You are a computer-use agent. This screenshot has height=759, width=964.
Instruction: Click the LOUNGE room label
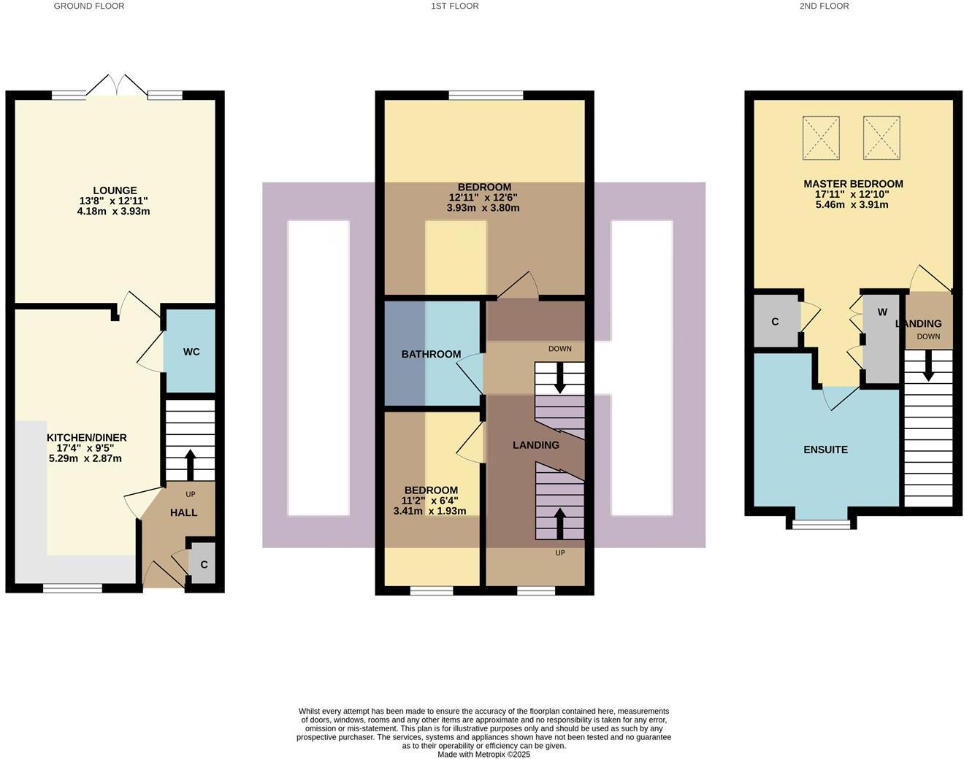coord(115,191)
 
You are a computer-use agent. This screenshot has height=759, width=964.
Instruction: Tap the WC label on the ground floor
coord(191,352)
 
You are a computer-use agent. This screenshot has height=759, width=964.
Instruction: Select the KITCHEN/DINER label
coord(86,438)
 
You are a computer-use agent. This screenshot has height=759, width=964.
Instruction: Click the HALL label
coord(183,513)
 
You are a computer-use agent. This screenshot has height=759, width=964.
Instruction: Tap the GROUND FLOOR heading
coord(89,6)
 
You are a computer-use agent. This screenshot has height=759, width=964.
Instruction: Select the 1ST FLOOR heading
coord(454,6)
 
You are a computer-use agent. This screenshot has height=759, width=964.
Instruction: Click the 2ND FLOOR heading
coord(824,6)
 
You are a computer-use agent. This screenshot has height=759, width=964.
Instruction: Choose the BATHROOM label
coord(431,355)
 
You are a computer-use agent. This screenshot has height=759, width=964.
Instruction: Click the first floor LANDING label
coord(535,445)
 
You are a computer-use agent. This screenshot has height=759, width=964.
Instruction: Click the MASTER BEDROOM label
coord(853,184)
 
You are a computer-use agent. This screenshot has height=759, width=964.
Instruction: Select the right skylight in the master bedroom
coord(881,137)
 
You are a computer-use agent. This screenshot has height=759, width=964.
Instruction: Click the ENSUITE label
coord(825,450)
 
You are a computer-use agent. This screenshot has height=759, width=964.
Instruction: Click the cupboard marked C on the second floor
coord(775,322)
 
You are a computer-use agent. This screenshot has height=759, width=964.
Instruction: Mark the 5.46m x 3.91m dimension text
coord(852,205)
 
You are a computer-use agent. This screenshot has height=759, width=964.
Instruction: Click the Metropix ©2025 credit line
coord(483,755)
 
